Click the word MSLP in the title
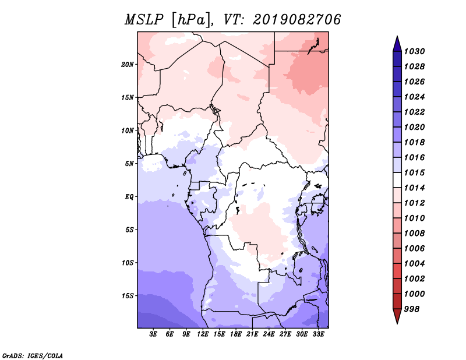[144, 20]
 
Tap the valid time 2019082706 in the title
[297, 20]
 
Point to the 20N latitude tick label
[128, 65]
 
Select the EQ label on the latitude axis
[129, 197]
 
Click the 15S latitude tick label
[128, 296]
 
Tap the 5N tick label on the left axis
[129, 164]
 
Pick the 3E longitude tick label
[153, 334]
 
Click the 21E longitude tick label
[252, 334]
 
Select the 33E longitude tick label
[318, 334]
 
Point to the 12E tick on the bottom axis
[203, 334]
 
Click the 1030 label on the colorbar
[414, 51]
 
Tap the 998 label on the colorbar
[412, 309]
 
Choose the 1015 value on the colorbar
[414, 172]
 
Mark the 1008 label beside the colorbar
[414, 234]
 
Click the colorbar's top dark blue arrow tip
[397, 36]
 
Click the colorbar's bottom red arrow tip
[397, 324]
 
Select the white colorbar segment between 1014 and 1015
[397, 180]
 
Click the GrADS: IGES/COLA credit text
[33, 355]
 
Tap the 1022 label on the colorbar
[414, 112]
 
